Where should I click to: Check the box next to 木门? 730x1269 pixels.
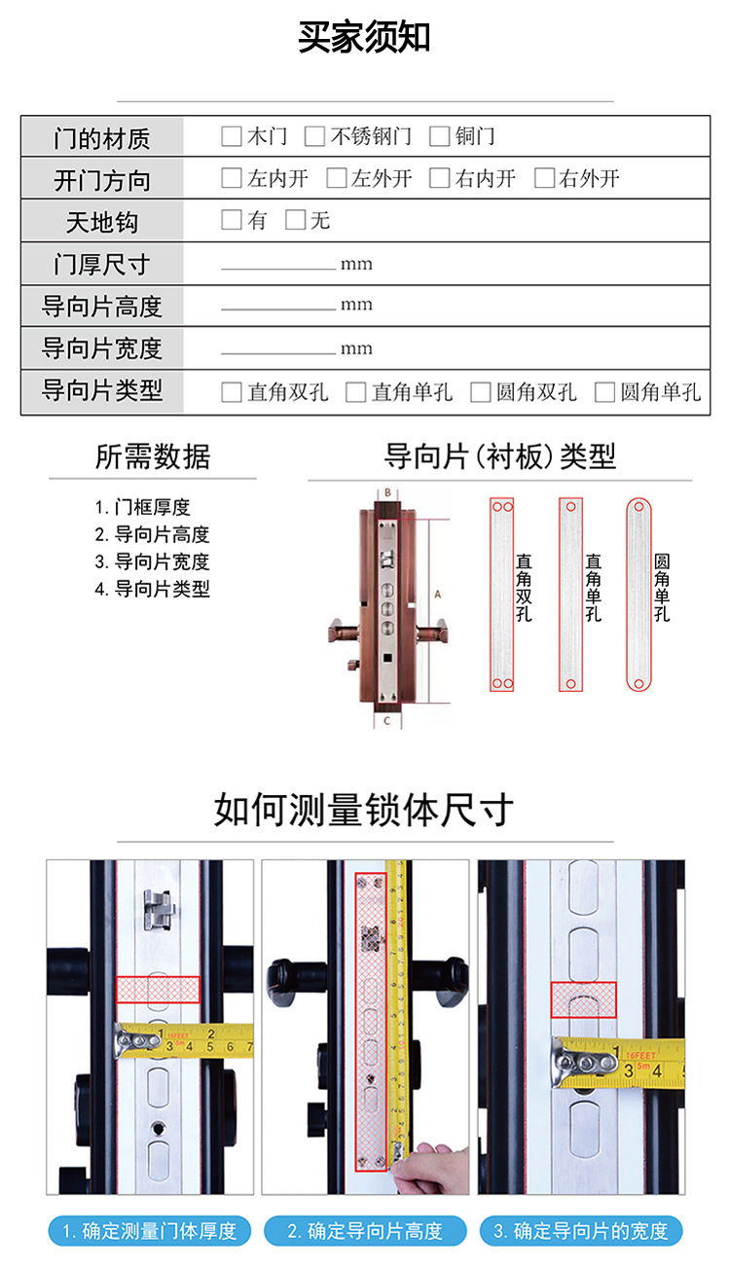[x=232, y=136]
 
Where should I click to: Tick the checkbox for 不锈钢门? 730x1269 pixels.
[x=314, y=136]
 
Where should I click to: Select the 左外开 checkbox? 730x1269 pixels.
[x=336, y=178]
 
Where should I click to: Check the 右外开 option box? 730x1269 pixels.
[x=544, y=178]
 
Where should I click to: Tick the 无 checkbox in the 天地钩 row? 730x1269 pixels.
[x=295, y=220]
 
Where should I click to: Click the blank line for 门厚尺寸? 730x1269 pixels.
[x=278, y=269]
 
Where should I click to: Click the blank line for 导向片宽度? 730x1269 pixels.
[x=278, y=353]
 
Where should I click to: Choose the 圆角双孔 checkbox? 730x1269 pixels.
[x=481, y=392]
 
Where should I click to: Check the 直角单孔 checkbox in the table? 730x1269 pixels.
[x=356, y=392]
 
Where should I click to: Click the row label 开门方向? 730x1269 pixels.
[x=102, y=181]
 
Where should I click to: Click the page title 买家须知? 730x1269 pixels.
[x=364, y=37]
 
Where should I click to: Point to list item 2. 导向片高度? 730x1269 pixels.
[x=152, y=534]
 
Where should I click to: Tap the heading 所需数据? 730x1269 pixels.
[x=153, y=456]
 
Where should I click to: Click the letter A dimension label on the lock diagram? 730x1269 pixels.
[x=438, y=595]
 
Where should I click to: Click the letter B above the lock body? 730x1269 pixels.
[x=387, y=492]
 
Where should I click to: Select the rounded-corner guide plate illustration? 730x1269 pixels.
[x=639, y=595]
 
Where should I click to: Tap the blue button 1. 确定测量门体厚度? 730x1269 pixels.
[x=150, y=1230]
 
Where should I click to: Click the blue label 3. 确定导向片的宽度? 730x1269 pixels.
[x=581, y=1230]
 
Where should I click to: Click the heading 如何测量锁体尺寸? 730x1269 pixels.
[x=364, y=810]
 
